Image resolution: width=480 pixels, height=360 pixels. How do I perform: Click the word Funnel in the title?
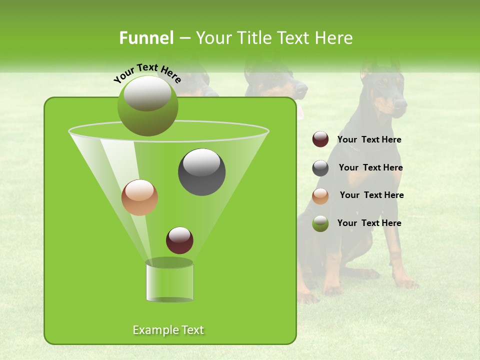[146, 38]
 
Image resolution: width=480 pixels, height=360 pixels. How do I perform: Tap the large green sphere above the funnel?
[147, 105]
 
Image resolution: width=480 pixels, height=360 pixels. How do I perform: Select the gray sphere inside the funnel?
[201, 172]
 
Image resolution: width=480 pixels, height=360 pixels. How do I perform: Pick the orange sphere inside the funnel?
[139, 197]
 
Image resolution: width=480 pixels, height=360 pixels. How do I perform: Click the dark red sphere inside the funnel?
[179, 240]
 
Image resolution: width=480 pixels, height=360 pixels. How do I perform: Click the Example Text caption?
[168, 330]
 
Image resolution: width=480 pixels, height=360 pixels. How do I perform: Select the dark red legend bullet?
[320, 139]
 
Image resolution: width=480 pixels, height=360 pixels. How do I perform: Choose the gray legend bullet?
[320, 168]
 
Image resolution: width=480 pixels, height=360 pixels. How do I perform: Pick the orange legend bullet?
[320, 196]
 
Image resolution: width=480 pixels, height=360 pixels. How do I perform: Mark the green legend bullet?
[320, 223]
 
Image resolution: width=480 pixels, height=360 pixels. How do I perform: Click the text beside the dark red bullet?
[369, 140]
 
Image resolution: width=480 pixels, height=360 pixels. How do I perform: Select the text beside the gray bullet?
[370, 168]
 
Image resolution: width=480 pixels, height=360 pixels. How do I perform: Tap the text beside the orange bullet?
[371, 195]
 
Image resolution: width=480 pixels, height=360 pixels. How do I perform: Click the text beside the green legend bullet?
[369, 223]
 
